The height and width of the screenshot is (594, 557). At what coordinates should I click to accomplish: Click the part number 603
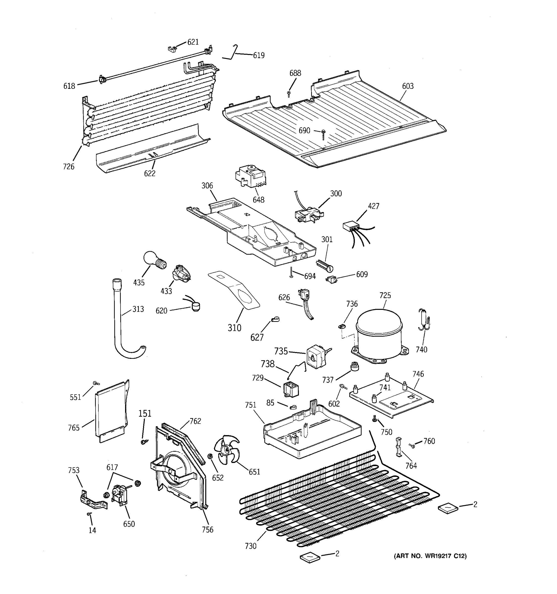407,86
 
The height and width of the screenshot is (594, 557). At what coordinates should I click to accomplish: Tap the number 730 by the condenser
251,546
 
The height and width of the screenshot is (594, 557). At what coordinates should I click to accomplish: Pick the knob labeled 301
324,266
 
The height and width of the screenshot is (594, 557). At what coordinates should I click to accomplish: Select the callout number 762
195,421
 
